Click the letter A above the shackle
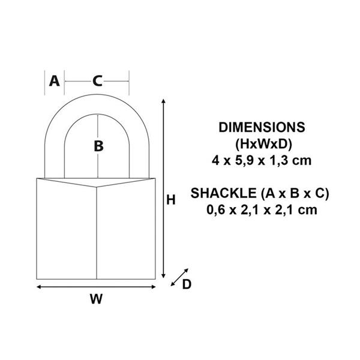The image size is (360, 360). [55, 81]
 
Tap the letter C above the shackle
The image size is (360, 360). [98, 81]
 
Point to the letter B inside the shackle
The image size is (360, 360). [99, 146]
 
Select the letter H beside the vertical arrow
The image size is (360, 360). [171, 200]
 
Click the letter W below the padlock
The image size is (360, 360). [96, 299]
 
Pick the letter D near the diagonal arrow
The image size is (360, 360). [187, 284]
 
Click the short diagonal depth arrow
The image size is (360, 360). [179, 277]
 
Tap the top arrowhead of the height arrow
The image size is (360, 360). [163, 101]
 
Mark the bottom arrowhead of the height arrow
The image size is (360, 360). [163, 276]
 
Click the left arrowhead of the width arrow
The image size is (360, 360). [38, 287]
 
